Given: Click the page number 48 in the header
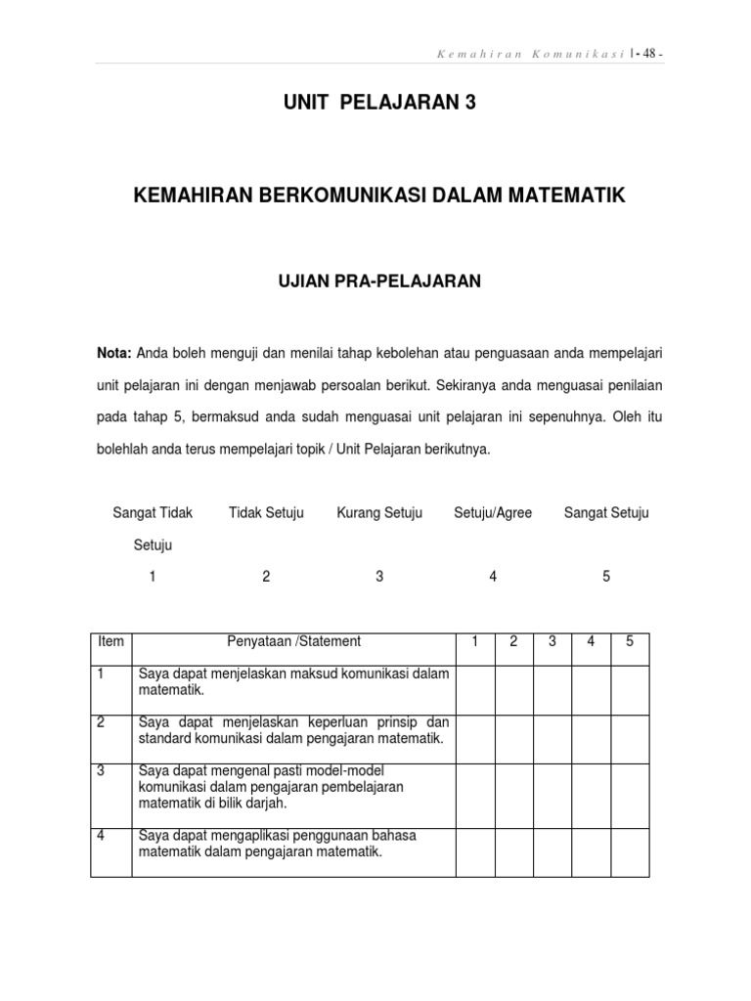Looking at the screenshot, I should pyautogui.click(x=648, y=54).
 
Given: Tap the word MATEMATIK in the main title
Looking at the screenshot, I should pyautogui.click(x=568, y=196).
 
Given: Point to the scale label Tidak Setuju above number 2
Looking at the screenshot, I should pyautogui.click(x=266, y=513).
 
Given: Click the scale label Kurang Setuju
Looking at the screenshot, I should pyautogui.click(x=379, y=513).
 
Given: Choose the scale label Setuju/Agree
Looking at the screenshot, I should pyautogui.click(x=493, y=513).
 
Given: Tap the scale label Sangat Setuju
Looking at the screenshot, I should pyautogui.click(x=606, y=513).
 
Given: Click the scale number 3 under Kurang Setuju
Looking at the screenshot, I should pyautogui.click(x=379, y=577).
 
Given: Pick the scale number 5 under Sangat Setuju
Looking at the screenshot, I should pyautogui.click(x=606, y=577).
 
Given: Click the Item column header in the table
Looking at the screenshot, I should pyautogui.click(x=111, y=642).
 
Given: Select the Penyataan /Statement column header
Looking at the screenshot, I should pyautogui.click(x=294, y=642).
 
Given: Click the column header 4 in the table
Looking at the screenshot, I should pyautogui.click(x=591, y=642).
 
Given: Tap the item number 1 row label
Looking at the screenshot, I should pyautogui.click(x=101, y=674).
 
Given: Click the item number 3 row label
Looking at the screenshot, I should pyautogui.click(x=102, y=770).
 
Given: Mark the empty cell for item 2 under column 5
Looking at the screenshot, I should pyautogui.click(x=630, y=739).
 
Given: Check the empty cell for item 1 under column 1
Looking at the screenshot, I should pyautogui.click(x=475, y=690).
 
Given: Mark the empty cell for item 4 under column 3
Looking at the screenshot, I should pyautogui.click(x=552, y=851).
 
